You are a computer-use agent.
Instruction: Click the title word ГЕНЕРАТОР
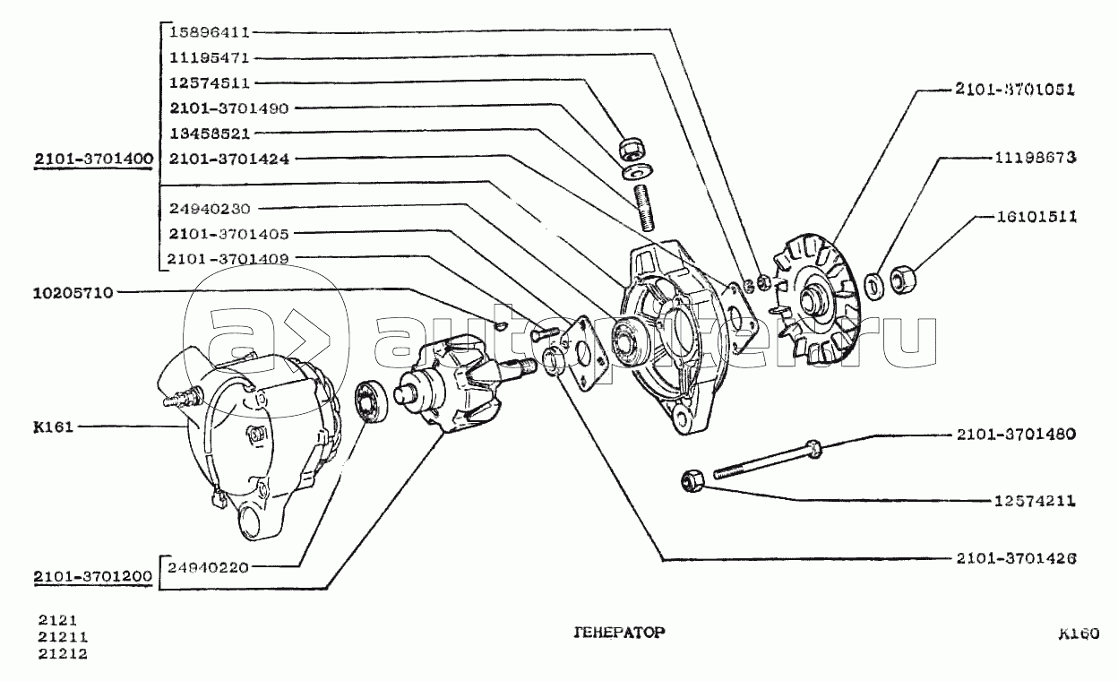point(618,632)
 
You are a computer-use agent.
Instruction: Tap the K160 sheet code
point(1076,634)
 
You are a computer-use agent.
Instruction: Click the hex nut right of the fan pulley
point(904,280)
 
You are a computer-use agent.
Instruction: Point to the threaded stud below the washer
point(641,203)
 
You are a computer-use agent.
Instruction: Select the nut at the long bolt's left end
point(691,481)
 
